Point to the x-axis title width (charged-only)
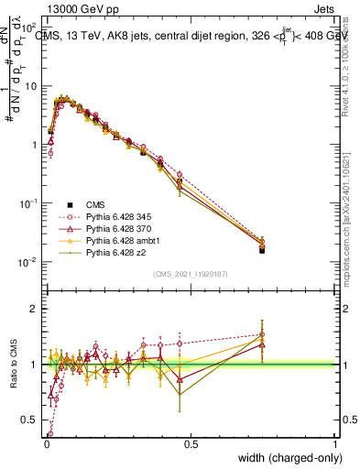285,458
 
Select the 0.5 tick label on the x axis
191,444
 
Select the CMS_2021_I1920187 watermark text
190,274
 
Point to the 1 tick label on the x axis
334,444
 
